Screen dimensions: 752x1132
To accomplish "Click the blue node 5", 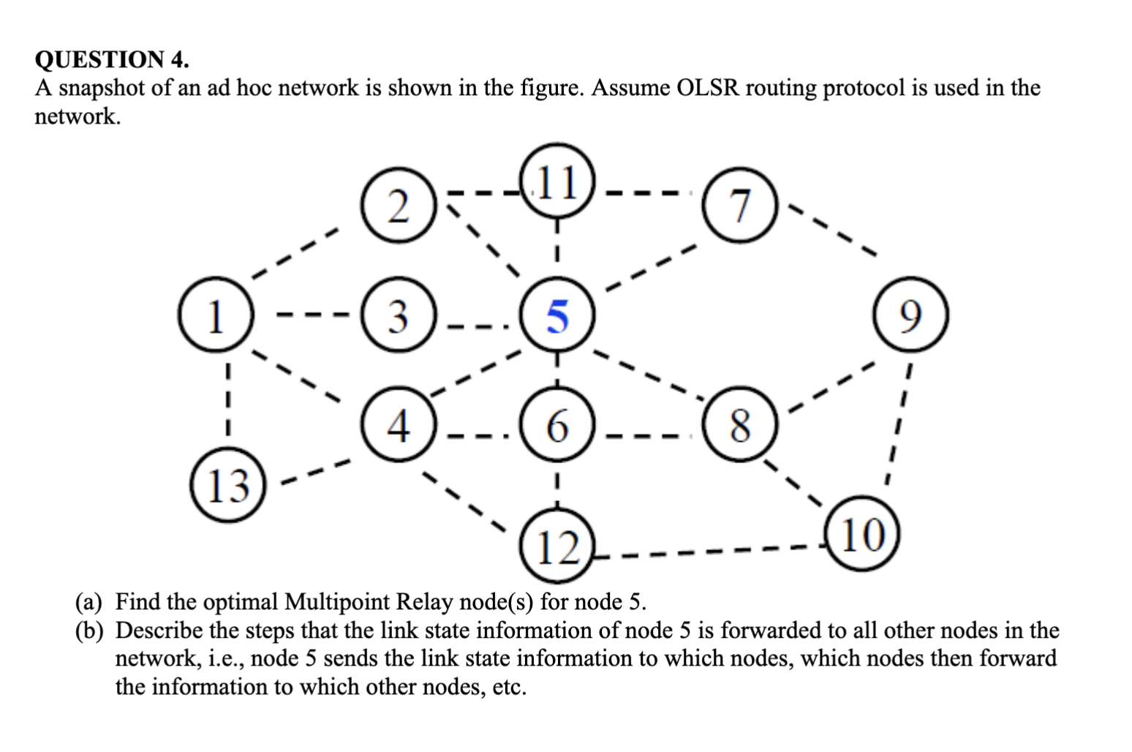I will pyautogui.click(x=557, y=316).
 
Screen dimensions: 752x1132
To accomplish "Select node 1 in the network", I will pyautogui.click(x=214, y=316).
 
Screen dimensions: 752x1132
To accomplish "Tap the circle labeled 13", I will pyautogui.click(x=228, y=485).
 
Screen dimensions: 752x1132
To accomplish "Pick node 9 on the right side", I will pyautogui.click(x=910, y=316).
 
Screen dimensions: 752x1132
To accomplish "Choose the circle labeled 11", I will pyautogui.click(x=557, y=183).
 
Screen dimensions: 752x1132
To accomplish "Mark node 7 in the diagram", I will pyautogui.click(x=740, y=206).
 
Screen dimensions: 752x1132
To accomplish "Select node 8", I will pyautogui.click(x=740, y=425).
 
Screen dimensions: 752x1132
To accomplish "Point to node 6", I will pyautogui.click(x=557, y=425).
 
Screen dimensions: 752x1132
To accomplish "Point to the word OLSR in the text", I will pyautogui.click(x=709, y=88).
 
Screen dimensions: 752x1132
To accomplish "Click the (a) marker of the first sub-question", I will pyautogui.click(x=89, y=602).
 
